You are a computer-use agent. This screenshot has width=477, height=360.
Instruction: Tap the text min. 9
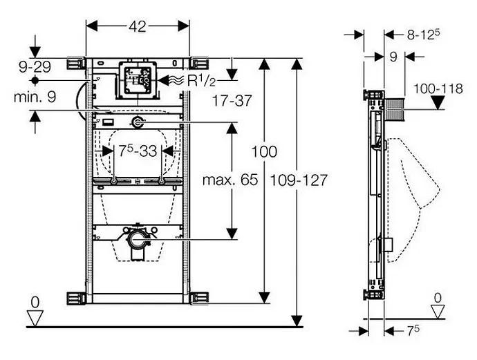(x=35, y=97)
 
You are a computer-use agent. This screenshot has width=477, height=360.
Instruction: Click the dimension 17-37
(x=232, y=101)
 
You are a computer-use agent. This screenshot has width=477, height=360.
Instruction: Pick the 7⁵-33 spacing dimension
(x=137, y=150)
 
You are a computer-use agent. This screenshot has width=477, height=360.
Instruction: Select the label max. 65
(x=230, y=180)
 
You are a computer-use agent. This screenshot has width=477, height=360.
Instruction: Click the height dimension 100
(x=265, y=151)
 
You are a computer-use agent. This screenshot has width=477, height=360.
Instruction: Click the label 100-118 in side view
(x=438, y=88)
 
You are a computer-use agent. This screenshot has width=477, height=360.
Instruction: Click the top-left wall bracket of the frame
(x=75, y=64)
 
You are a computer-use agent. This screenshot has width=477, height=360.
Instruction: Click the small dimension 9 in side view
(x=392, y=58)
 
